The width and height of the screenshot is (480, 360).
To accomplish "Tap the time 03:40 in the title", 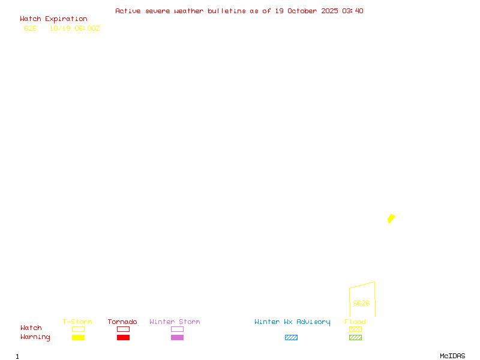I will [x=355, y=11].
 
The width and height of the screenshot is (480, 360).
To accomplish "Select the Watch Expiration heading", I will [x=53, y=19].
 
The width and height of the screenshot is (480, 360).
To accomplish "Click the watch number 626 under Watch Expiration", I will [x=31, y=28].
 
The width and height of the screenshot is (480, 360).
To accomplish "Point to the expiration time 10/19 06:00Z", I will [x=74, y=28].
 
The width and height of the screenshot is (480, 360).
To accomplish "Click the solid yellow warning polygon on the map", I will [x=391, y=218].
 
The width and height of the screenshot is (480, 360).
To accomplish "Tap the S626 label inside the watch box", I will [x=361, y=303].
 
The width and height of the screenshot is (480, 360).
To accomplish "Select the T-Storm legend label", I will [x=77, y=322].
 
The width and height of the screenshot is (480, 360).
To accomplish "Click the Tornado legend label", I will [x=122, y=322].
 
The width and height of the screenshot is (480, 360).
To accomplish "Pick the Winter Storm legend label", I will [x=175, y=322].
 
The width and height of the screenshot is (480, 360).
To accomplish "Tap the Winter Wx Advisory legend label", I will [x=292, y=322].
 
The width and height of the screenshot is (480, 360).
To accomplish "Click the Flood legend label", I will [x=355, y=322].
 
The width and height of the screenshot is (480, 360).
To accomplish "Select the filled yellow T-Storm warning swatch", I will [x=78, y=338].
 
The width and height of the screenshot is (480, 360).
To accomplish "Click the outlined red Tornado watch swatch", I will [x=123, y=329].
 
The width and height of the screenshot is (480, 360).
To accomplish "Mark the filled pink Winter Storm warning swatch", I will [x=177, y=338].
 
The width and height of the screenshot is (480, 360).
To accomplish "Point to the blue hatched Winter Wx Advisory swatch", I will [x=291, y=338].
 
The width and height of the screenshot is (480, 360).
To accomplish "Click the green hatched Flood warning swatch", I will [x=355, y=338].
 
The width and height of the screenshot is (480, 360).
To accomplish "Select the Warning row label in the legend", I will [x=35, y=337].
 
